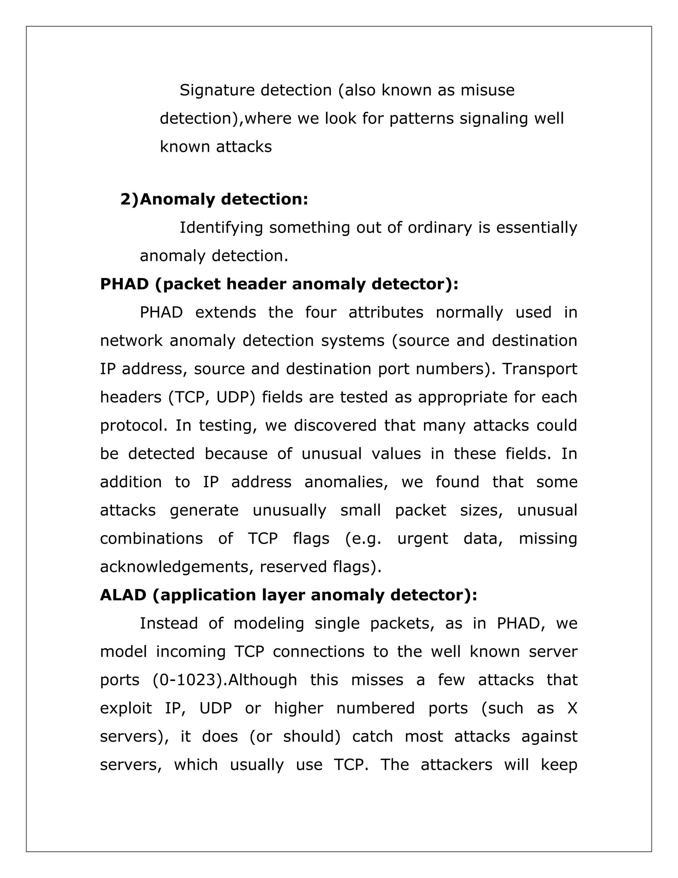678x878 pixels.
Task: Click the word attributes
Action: [386, 312]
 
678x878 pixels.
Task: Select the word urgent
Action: [422, 538]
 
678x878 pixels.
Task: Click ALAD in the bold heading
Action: [123, 595]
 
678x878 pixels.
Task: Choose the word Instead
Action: [169, 624]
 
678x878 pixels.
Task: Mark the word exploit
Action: [126, 708]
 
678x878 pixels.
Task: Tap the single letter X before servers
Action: [572, 708]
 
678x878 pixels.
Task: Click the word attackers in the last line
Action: [456, 765]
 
